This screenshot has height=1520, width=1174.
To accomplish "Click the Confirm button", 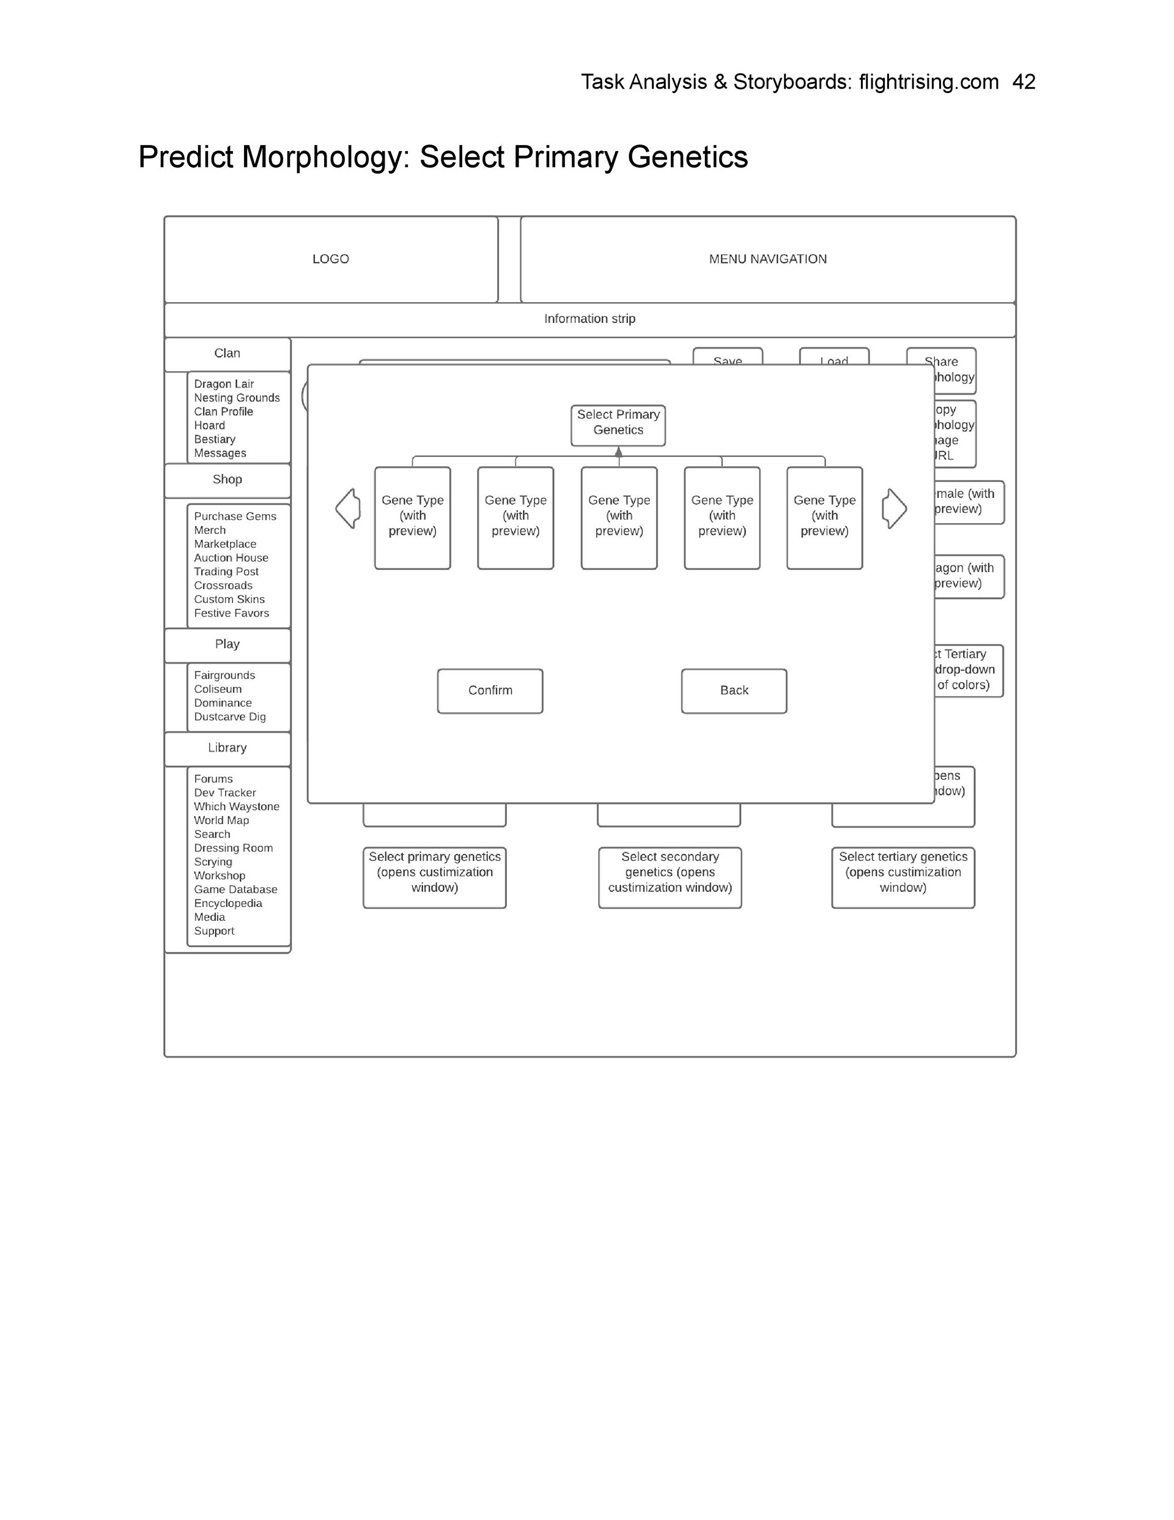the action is pos(490,691).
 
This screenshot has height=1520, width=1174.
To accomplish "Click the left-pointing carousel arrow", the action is pos(348,508).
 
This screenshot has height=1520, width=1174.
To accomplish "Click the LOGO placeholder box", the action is pos(331,259).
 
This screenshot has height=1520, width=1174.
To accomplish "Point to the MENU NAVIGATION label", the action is pos(767,259).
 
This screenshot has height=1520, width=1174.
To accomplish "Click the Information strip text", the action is pos(589,319).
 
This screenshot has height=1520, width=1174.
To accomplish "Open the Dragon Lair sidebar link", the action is pos(224,384).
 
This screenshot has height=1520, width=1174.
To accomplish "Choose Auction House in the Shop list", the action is pos(231,557).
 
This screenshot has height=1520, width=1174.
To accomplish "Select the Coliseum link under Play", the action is pos(218,689).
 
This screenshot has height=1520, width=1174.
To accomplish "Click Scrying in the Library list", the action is pos(213,862).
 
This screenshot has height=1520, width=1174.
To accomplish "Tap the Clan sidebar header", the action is pos(227,354).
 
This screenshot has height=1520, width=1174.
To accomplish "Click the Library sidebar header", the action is pos(227,748).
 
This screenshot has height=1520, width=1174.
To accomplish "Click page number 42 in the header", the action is pos(1024,82).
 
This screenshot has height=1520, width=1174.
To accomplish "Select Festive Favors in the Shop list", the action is pos(231,613).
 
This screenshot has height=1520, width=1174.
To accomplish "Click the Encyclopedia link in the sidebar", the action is pos(228,903).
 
